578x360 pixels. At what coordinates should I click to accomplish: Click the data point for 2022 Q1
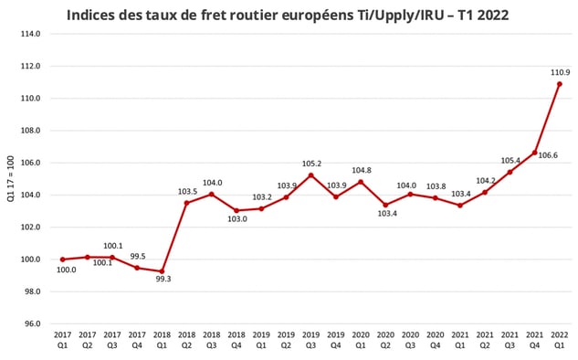coord(559,84)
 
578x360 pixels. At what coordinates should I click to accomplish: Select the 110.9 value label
coord(560,70)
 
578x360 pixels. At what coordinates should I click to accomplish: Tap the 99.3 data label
coord(163,279)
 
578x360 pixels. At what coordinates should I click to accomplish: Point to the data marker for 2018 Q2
coord(186,203)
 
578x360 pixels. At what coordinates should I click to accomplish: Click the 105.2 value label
coord(310,164)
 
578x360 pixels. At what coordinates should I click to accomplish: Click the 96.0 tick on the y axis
coord(32,323)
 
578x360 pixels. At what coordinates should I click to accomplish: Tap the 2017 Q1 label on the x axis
coord(62,341)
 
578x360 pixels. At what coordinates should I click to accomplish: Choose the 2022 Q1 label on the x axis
coord(559,341)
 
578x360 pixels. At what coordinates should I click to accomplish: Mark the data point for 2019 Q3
coord(310,175)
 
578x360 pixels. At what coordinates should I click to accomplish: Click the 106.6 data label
coord(545,155)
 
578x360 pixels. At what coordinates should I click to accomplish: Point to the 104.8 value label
coord(361,170)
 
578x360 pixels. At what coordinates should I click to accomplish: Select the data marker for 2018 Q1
coord(162,270)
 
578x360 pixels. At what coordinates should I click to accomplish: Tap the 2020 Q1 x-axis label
coord(361,341)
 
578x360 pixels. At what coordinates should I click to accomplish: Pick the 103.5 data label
coord(187,191)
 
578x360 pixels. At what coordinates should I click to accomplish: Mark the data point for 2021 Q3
coord(510,172)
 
